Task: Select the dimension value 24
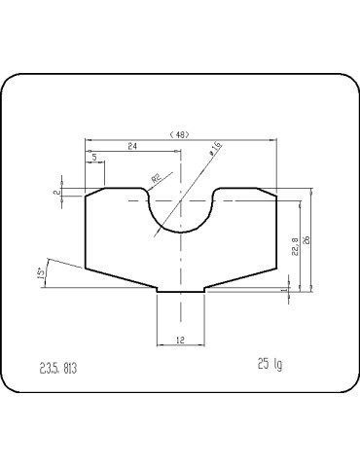(130, 146)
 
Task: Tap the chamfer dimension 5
(94, 157)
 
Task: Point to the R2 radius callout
(156, 178)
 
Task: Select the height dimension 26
(306, 239)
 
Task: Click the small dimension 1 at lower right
(282, 289)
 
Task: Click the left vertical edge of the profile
(86, 233)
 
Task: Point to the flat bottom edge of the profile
(180, 291)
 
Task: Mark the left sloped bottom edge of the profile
(122, 281)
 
